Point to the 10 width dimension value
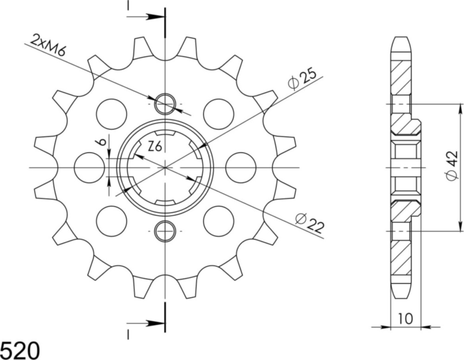point(406,319)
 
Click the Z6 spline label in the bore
point(155,147)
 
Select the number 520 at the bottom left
point(20,350)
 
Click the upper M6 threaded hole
point(165,103)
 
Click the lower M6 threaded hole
point(165,231)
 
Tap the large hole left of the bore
point(89,167)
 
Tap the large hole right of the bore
point(241,167)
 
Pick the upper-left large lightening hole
point(111,114)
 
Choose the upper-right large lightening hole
point(219,114)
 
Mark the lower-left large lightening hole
point(111,221)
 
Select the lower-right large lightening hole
point(219,221)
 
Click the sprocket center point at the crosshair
point(165,167)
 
